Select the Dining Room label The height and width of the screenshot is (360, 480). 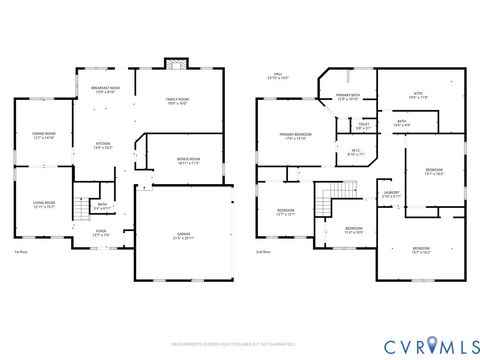pyautogui.click(x=43, y=136)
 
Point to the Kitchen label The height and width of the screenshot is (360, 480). pyautogui.click(x=103, y=145)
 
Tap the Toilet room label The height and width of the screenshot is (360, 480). pyautogui.click(x=363, y=127)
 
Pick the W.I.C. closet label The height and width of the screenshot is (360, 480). pyautogui.click(x=357, y=154)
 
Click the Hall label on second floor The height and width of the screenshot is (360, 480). pyautogui.click(x=282, y=76)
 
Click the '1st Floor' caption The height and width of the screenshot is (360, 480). pyautogui.click(x=20, y=252)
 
